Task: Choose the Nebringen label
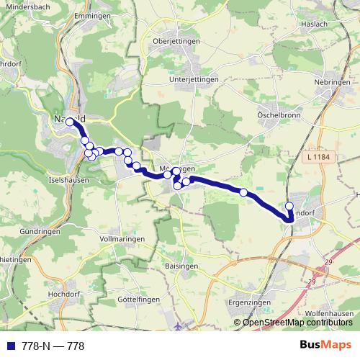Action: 331,82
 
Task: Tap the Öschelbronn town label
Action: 279,115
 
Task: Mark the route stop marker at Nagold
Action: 70,122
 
